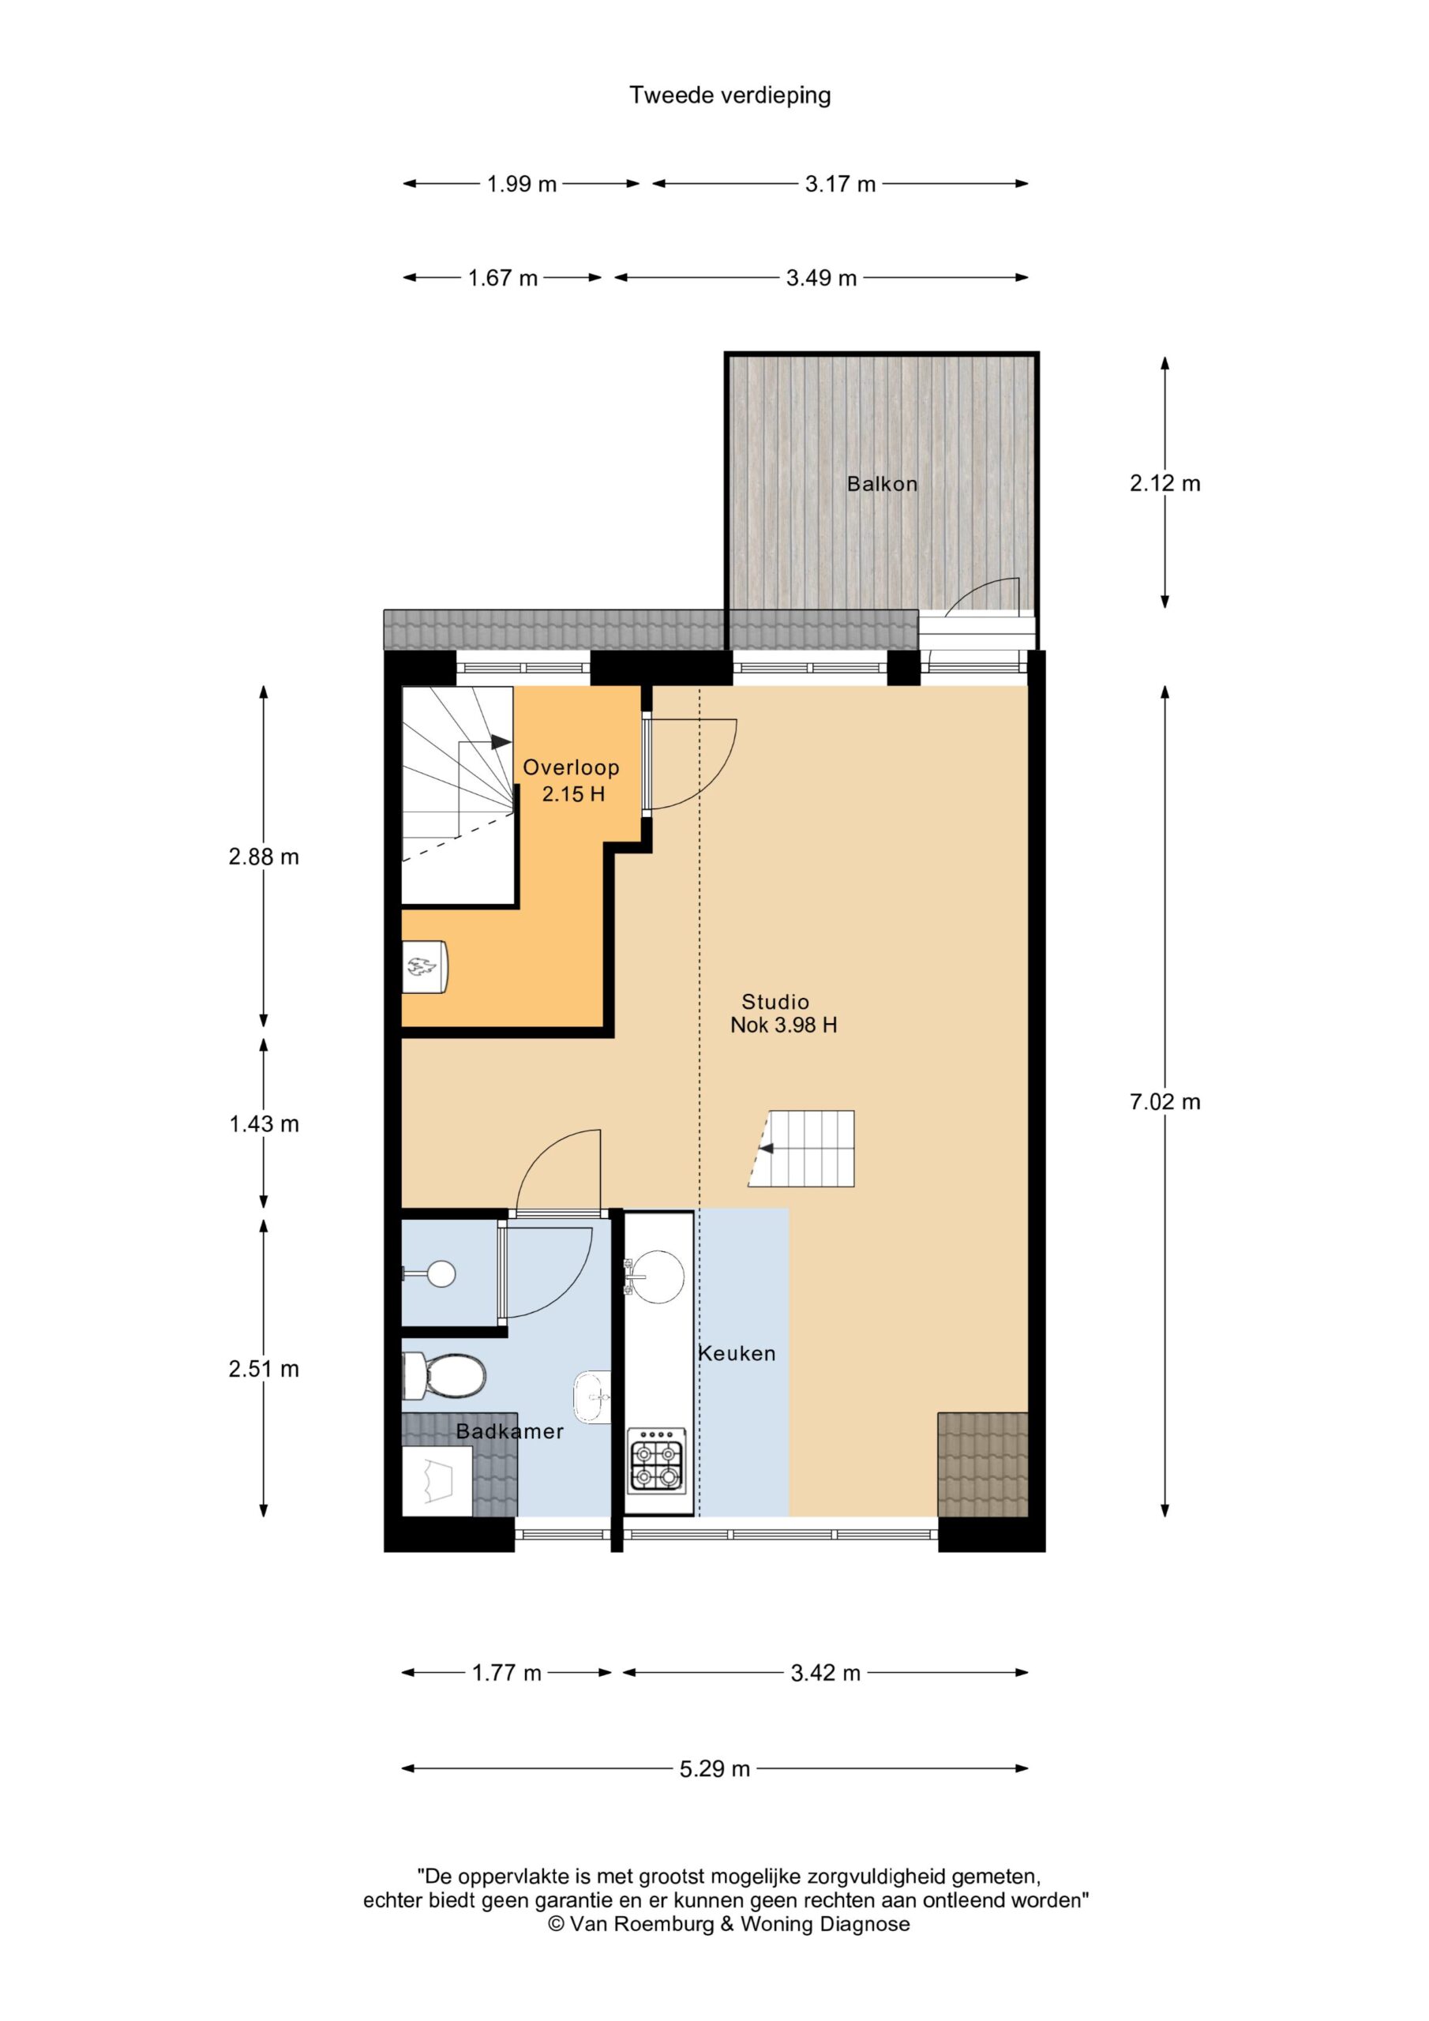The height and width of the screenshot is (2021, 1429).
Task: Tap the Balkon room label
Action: coord(882,483)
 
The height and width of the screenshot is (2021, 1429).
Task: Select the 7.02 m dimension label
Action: coord(1165,1102)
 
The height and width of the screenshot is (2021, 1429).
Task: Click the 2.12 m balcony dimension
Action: coord(1165,483)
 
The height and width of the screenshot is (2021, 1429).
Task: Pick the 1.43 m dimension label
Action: coord(264,1124)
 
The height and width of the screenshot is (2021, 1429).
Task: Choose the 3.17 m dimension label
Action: coord(841,184)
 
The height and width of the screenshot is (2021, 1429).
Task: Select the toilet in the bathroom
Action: coord(444,1376)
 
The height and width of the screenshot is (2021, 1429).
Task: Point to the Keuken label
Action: coord(737,1354)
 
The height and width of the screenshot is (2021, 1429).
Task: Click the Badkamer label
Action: coord(510,1432)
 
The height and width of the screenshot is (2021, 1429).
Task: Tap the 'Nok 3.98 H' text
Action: coord(784,1025)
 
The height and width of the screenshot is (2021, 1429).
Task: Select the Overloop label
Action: coord(572,767)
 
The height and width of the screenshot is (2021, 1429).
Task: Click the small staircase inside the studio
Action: coord(801,1149)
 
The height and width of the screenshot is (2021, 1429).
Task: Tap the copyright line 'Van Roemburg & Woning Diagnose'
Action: coord(729,1924)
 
